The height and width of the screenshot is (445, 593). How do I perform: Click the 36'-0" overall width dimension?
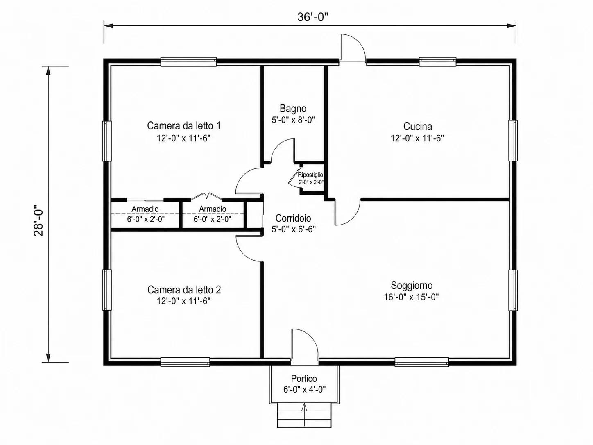pos(312,17)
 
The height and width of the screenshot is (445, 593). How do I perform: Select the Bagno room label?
pos(293,108)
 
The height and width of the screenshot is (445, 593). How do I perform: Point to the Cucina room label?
pos(417,126)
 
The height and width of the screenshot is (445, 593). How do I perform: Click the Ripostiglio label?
pos(310,175)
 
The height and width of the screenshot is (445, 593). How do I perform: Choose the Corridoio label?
pos(293,218)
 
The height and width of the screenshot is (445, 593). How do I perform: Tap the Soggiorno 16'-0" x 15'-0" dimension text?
pos(411,297)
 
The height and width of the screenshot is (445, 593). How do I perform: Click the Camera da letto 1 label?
pos(184,126)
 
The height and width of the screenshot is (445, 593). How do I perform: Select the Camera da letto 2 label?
pos(184,290)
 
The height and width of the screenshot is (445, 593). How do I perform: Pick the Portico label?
pos(304,379)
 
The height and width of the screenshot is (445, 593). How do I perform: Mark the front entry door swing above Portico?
pos(304,344)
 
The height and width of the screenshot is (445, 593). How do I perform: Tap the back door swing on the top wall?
pos(353,48)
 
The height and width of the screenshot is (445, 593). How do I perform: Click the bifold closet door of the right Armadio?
pos(207,196)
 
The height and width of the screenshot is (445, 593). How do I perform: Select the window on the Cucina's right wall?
pos(513,141)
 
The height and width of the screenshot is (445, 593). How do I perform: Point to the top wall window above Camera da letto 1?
pos(188,62)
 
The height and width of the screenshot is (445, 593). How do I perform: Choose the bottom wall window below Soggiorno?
pos(422,362)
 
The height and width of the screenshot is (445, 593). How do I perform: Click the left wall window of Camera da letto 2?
pos(107,290)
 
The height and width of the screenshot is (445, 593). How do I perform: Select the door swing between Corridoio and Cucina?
pos(348,212)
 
